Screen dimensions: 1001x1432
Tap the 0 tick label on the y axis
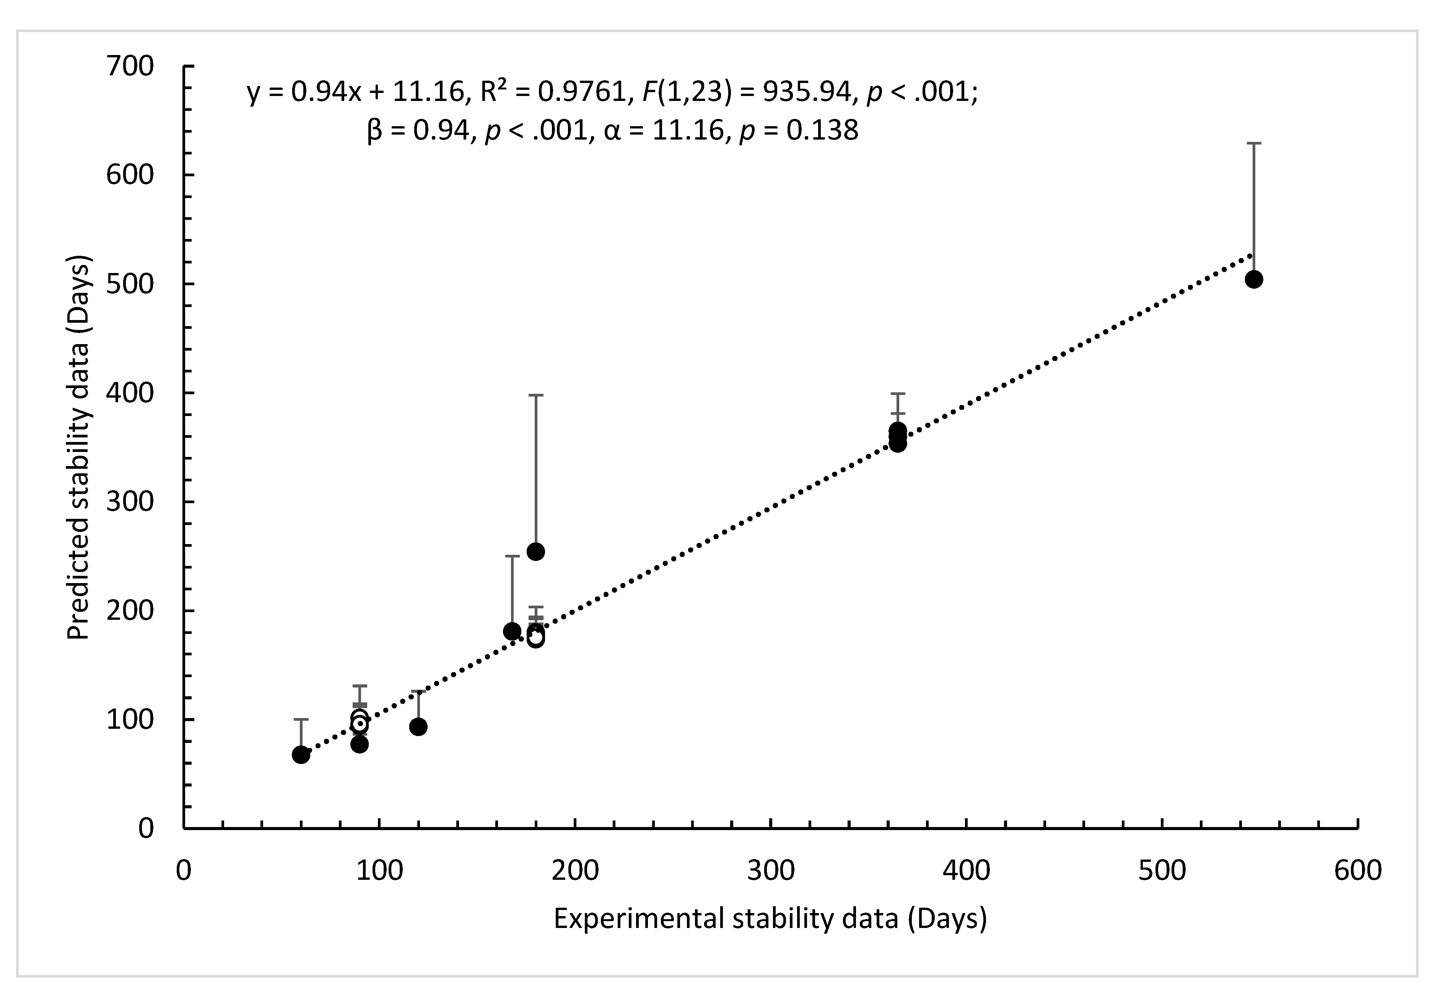tap(145, 829)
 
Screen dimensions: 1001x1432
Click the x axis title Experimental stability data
tap(770, 919)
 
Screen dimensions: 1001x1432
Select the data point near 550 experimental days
tap(1254, 279)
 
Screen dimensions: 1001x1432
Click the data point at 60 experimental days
tap(301, 755)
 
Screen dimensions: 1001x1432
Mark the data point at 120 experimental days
tap(418, 726)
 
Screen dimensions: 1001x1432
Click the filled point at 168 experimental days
tap(512, 631)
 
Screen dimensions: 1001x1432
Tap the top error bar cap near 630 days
tap(1254, 143)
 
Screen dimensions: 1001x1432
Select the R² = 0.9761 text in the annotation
tap(553, 92)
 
